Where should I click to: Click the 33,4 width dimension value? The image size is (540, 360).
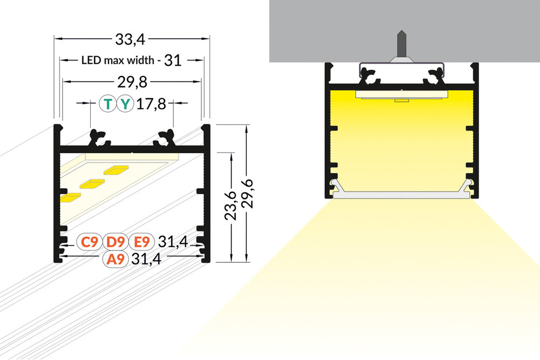click(x=132, y=39)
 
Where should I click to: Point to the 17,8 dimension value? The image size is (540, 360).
click(x=151, y=104)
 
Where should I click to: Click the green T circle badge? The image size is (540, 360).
click(x=109, y=104)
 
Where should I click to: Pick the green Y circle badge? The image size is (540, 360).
click(x=125, y=104)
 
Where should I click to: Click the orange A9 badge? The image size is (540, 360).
click(x=116, y=259)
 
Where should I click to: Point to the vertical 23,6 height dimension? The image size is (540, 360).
click(x=232, y=206)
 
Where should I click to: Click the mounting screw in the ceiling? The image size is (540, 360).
click(x=401, y=45)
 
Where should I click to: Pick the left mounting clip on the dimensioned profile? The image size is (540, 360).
click(x=99, y=138)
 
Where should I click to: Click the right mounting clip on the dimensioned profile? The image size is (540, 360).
click(x=165, y=138)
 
